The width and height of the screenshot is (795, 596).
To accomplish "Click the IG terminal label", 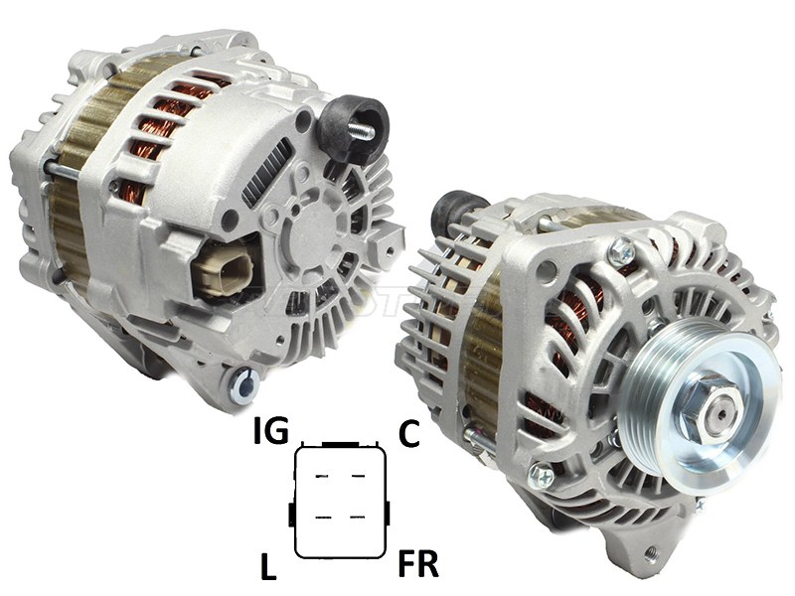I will click(x=270, y=432).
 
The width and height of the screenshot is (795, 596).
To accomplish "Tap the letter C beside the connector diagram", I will click(x=408, y=433).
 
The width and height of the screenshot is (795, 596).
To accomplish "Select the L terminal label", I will click(x=267, y=567).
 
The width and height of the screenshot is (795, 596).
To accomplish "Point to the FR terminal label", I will click(x=419, y=564).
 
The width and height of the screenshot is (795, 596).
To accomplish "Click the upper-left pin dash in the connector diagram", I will click(x=322, y=478).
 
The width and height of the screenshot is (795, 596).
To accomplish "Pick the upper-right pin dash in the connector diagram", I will click(x=356, y=478).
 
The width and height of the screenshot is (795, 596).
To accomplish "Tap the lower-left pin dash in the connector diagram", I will click(x=322, y=517).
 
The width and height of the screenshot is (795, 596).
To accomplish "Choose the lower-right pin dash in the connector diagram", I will click(x=356, y=517).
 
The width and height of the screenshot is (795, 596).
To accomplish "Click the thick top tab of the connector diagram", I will click(x=339, y=443).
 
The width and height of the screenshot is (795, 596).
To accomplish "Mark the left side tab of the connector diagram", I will click(x=290, y=514).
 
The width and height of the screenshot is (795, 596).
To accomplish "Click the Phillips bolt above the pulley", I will click(x=623, y=250).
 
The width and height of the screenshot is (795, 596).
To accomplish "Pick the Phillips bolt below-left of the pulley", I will click(x=542, y=475).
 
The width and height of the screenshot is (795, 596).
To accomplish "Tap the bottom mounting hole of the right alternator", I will click(x=652, y=553).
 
